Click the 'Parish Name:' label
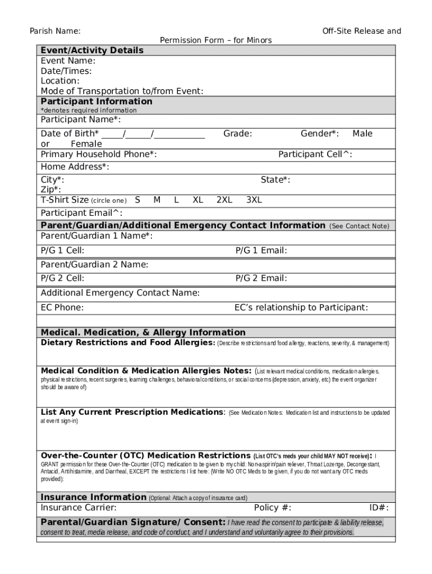pyautogui.click(x=54, y=31)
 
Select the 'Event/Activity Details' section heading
pyautogui.click(x=92, y=50)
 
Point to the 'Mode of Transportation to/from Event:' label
pyautogui.click(x=122, y=91)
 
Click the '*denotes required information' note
pyautogui.click(x=88, y=110)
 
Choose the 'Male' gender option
pyautogui.click(x=362, y=133)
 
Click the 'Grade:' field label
pyautogui.click(x=237, y=133)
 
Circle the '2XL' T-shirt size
pyautogui.click(x=224, y=200)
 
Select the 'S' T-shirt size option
pyautogui.click(x=137, y=200)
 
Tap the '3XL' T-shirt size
pyautogui.click(x=254, y=200)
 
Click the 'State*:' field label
pyautogui.click(x=275, y=180)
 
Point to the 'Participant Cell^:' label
pyautogui.click(x=315, y=155)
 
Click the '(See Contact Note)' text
pyautogui.click(x=359, y=226)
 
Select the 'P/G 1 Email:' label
pyautogui.click(x=261, y=251)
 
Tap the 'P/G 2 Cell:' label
pyautogui.click(x=63, y=279)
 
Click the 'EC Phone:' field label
pyautogui.click(x=62, y=308)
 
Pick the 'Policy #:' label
pyautogui.click(x=273, y=508)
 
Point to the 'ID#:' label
pyautogui.click(x=379, y=508)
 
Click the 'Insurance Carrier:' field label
pyautogui.click(x=79, y=508)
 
